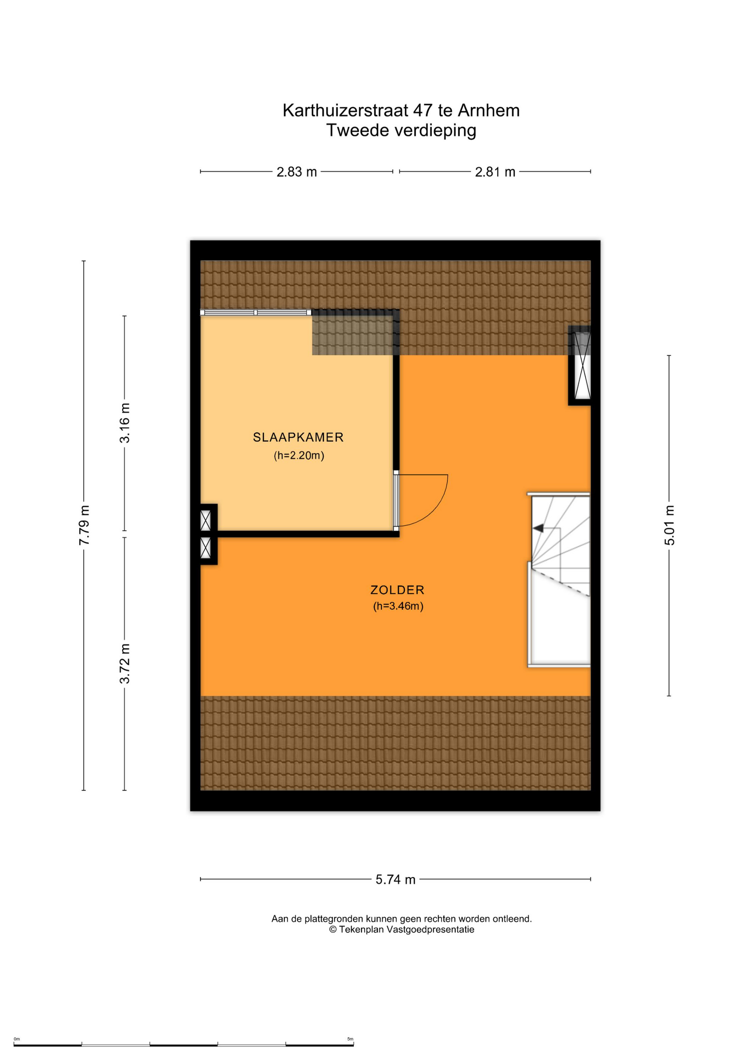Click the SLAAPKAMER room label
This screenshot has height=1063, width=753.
click(x=298, y=437)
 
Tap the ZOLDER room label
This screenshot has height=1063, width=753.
click(x=397, y=590)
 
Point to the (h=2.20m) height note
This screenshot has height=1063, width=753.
click(x=299, y=455)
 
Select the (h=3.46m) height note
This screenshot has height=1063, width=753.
click(x=398, y=606)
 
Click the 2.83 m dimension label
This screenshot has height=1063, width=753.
click(x=297, y=172)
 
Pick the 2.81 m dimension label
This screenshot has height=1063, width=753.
click(x=495, y=172)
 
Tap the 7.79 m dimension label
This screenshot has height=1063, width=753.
click(x=84, y=525)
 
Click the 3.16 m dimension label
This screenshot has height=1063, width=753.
click(x=125, y=423)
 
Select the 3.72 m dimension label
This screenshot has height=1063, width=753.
click(x=125, y=664)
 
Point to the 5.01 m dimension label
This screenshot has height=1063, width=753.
click(x=670, y=525)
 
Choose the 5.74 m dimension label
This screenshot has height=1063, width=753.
click(x=396, y=880)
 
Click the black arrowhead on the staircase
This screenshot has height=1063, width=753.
click(x=538, y=528)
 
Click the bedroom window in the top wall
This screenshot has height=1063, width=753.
click(x=256, y=312)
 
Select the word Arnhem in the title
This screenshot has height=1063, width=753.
click(x=489, y=110)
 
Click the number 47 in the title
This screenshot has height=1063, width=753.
click(x=423, y=110)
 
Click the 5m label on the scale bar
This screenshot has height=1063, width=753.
click(x=350, y=1039)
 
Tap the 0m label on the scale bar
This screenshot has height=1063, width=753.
click(x=17, y=1039)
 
